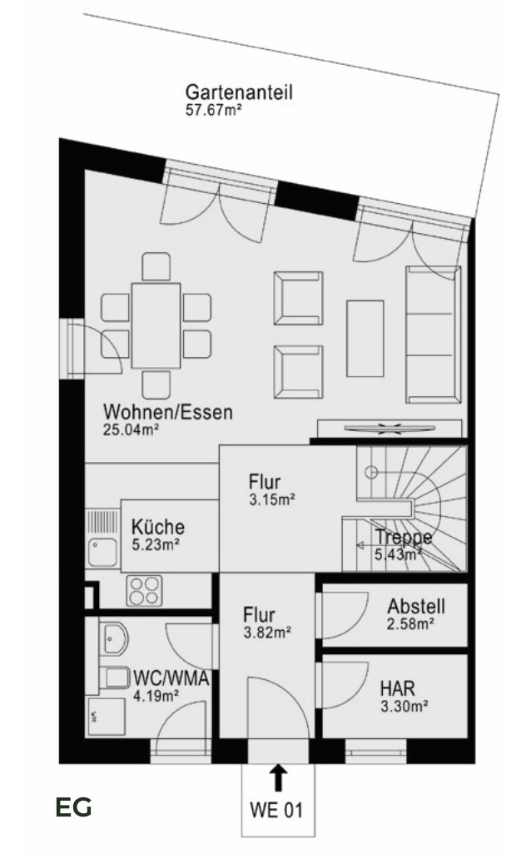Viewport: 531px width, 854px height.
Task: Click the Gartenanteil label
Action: (239, 92)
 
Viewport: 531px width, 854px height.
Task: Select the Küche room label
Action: (158, 527)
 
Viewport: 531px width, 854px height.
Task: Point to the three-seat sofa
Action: (433, 335)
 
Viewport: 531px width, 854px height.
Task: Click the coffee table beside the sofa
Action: (365, 338)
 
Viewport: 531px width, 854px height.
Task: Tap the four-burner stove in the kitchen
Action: (143, 590)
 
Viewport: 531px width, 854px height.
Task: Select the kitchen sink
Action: (104, 551)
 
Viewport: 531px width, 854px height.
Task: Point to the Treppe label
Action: (403, 537)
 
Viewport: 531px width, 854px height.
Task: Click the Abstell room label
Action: (416, 607)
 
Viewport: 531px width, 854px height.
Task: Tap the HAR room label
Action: (398, 689)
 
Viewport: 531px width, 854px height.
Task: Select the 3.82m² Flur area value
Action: (266, 633)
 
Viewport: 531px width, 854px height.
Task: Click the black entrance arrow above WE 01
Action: (279, 777)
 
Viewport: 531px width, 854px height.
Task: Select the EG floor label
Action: (74, 807)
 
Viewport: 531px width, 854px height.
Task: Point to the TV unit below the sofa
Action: (390, 429)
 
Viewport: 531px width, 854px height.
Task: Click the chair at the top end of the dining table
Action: (156, 266)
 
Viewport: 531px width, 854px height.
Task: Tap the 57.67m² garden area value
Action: (213, 109)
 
